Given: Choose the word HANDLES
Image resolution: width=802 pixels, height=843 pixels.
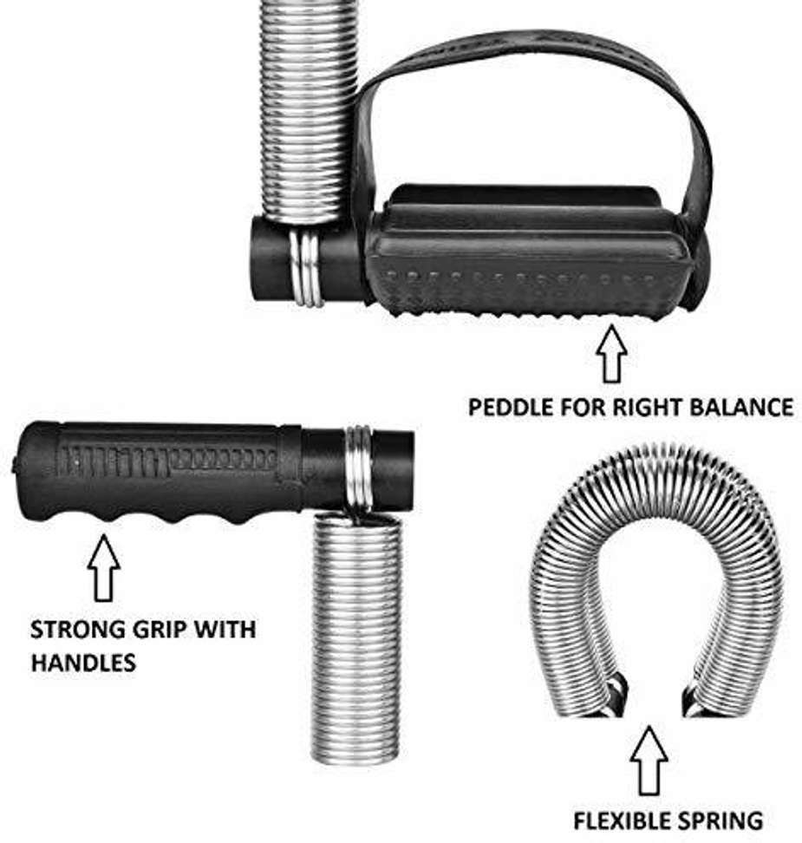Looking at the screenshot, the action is (83, 663).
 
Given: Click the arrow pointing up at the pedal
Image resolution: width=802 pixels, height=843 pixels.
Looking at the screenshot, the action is (611, 353).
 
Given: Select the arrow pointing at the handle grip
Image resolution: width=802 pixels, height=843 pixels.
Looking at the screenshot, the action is (103, 568).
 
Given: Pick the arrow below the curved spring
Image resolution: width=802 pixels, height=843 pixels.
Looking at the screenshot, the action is (649, 761).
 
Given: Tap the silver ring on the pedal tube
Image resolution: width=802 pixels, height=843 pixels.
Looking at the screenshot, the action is (307, 268).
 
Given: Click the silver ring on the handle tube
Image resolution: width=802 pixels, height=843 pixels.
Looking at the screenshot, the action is (359, 468).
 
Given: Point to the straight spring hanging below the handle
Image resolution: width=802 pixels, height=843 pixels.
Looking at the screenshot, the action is (356, 637).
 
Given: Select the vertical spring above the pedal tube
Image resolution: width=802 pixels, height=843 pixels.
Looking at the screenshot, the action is (308, 112).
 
